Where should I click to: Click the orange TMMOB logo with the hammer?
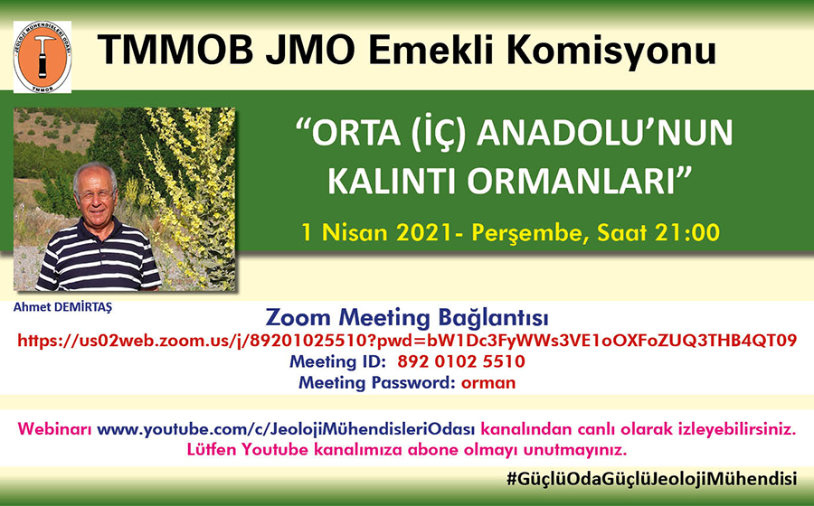42,57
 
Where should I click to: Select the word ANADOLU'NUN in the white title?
604,133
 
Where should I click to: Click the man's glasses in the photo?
95,194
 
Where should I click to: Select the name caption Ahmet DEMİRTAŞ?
62,307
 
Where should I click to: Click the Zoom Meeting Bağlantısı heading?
406,317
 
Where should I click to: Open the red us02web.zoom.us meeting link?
407,340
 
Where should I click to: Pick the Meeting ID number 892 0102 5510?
461,361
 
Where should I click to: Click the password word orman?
488,383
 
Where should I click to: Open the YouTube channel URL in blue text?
286,429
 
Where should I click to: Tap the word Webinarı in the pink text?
55,429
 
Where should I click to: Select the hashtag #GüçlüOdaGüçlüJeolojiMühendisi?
651,478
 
